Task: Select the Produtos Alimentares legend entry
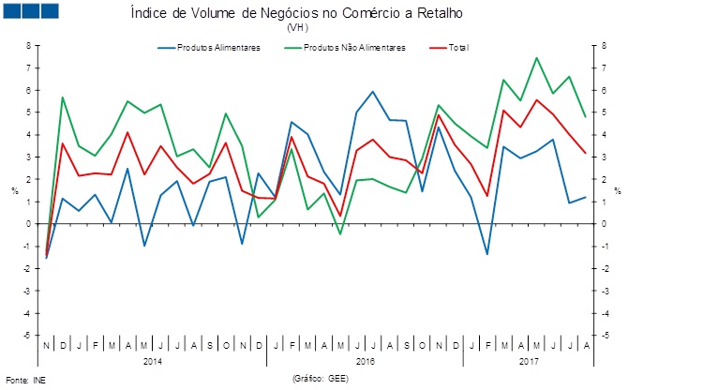pos(218,48)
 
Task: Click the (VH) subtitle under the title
pos(296,28)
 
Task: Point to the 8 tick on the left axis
pos(28,45)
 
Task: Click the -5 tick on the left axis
pos(27,335)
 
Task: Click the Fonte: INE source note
pos(25,380)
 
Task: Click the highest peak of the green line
pos(537,58)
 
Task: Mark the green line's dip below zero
pos(340,233)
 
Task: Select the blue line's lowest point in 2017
pos(487,254)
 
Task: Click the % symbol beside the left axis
pos(14,190)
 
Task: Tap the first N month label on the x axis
pos(46,346)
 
